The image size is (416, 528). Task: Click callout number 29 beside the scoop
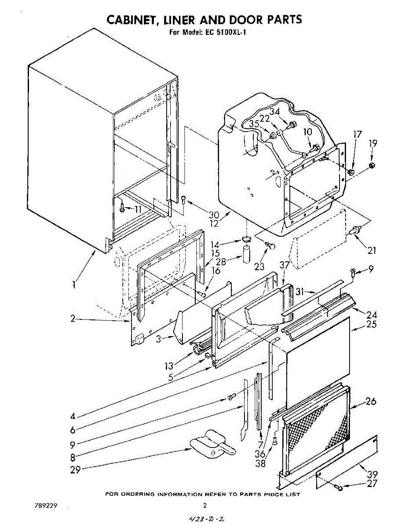point(76,470)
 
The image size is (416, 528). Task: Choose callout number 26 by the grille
point(371,401)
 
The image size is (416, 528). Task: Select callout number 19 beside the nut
point(372,143)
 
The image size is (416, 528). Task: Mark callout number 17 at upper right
point(358,135)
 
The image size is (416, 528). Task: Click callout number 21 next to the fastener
point(372,250)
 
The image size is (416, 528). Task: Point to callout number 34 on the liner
point(275,112)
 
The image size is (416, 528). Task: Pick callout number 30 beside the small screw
point(214,215)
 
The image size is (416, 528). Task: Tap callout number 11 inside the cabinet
point(138,209)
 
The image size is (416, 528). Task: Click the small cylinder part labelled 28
point(246,255)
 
